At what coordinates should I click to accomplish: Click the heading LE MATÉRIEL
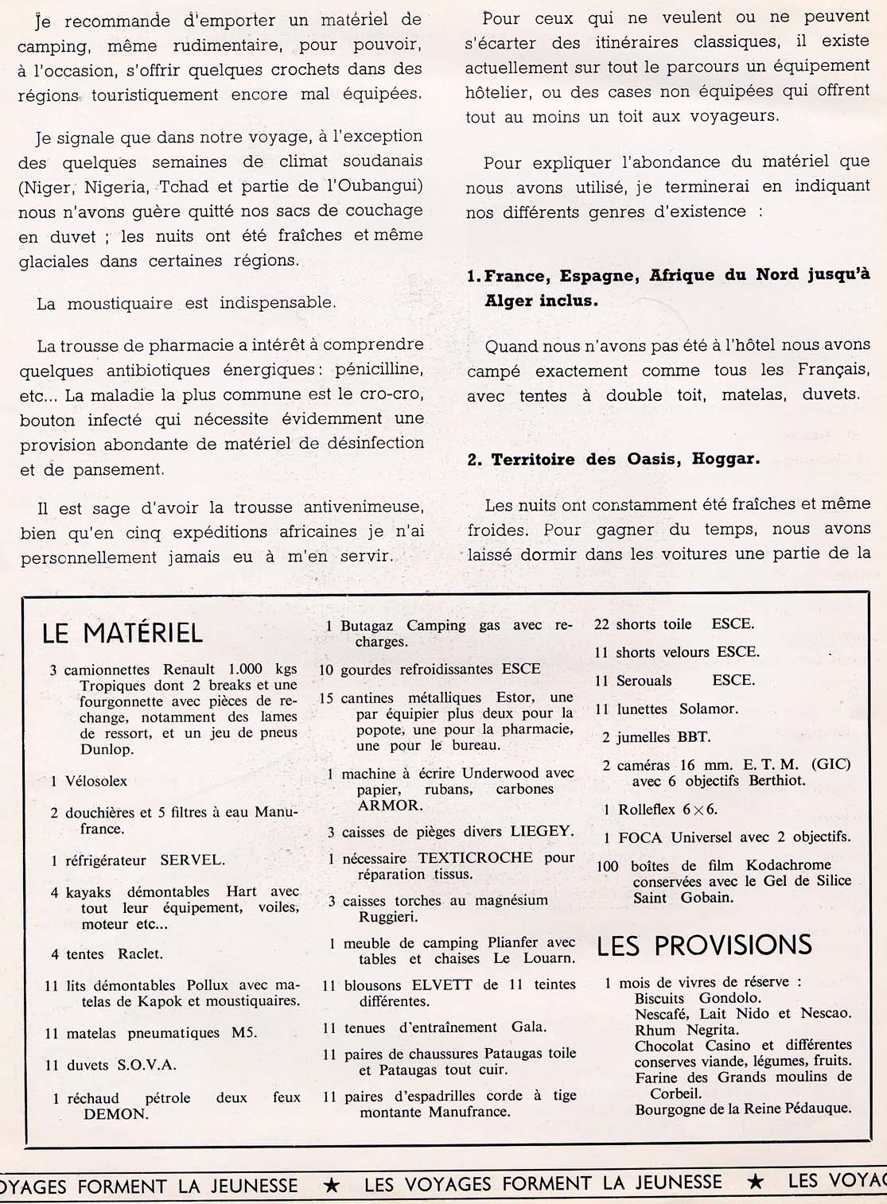pos(123,633)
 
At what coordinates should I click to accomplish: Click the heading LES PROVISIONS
pos(704,945)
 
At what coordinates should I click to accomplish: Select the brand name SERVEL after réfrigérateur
pos(193,860)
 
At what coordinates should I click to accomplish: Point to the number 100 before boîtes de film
pos(609,865)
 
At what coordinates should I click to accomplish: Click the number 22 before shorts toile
pos(601,624)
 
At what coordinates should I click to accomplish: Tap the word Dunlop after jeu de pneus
pos(107,749)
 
